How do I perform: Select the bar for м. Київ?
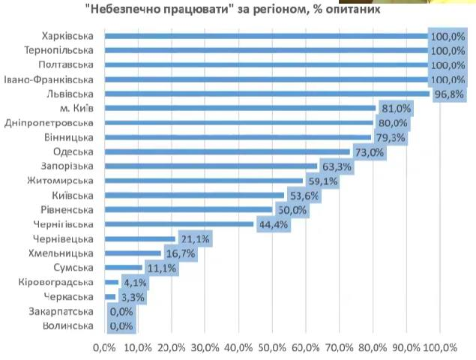tap(240, 108)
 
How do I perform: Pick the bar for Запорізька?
tap(211, 166)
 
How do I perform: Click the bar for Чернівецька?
tap(139, 238)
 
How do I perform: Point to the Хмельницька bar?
tap(133, 253)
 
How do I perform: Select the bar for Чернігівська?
tap(179, 224)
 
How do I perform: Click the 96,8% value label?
tap(449, 94)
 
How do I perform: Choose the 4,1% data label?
tap(136, 283)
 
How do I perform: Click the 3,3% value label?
tap(133, 297)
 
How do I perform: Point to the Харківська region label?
tap(68, 35)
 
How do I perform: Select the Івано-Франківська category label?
tap(49, 79)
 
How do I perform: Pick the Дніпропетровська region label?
tap(49, 122)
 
